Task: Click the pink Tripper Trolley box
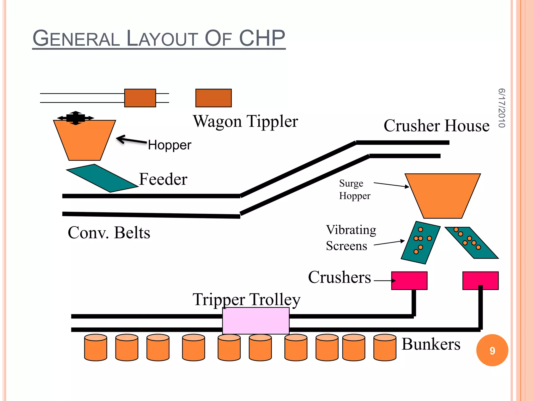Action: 256,321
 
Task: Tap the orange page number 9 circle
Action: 492,350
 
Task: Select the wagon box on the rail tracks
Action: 140,98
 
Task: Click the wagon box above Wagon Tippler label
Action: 213,98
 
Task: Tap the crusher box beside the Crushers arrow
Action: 409,280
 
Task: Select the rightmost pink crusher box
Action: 480,280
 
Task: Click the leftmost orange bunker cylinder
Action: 95,347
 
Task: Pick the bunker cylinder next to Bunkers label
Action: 385,347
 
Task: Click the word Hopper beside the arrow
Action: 169,145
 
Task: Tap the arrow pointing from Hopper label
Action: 131,140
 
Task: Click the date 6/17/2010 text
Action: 501,108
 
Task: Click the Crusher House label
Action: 436,126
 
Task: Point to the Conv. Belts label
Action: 109,232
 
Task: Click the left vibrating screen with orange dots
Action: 420,243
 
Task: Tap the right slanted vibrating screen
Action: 471,243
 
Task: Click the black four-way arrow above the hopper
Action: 76,118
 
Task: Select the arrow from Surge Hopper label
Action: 391,185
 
